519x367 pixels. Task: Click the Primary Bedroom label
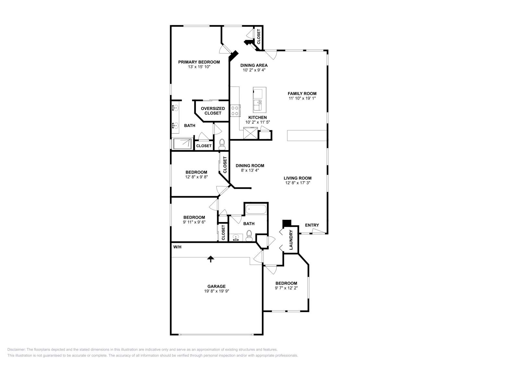[199, 62]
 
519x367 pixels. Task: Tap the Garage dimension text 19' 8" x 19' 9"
[216, 291]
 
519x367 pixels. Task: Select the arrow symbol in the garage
[211, 258]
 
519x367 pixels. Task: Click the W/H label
[177, 247]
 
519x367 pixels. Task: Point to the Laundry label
[291, 240]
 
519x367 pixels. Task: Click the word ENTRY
[312, 225]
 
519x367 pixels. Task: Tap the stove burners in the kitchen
[235, 111]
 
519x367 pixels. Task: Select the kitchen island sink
[259, 105]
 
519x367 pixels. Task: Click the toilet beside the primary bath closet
[222, 143]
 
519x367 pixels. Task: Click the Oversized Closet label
[213, 111]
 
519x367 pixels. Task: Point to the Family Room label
[302, 94]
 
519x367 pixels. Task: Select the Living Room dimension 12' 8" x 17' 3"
[297, 183]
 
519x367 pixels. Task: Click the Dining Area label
[254, 65]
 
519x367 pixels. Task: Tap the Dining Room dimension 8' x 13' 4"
[250, 170]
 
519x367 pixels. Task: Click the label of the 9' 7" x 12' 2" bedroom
[286, 283]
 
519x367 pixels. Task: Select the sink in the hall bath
[236, 238]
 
